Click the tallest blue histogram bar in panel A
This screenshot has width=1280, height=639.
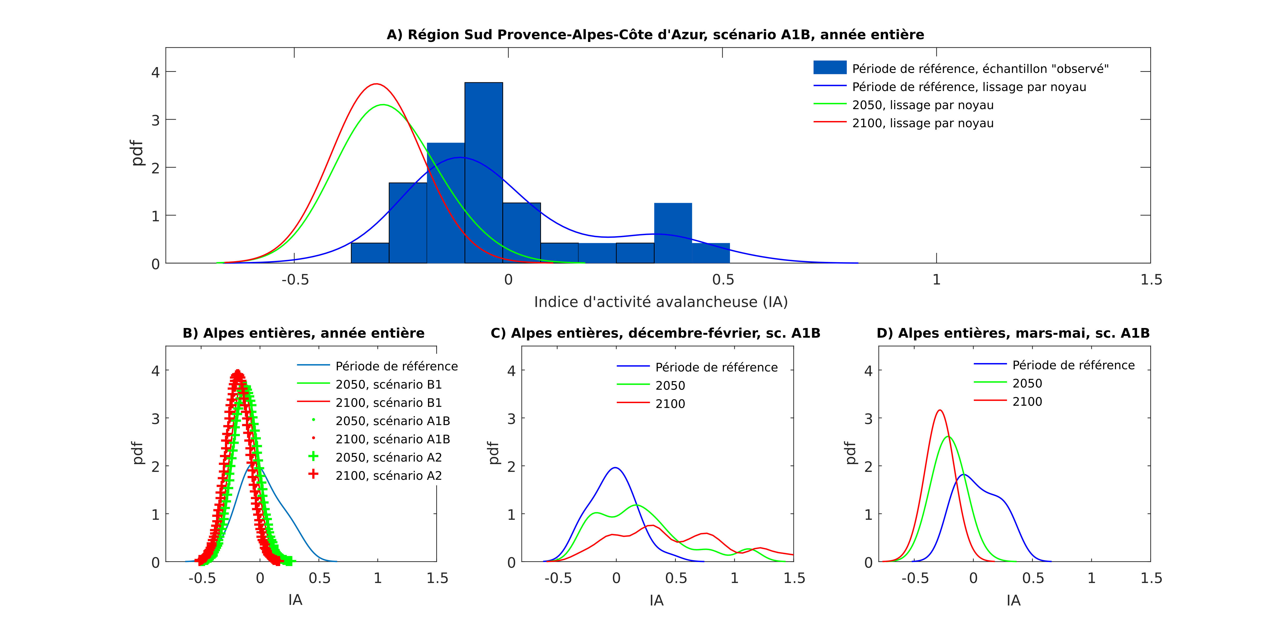point(483,172)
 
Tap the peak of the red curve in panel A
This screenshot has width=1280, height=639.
point(377,84)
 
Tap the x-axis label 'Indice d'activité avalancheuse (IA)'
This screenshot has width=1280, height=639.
point(661,302)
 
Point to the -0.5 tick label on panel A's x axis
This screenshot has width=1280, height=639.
point(295,280)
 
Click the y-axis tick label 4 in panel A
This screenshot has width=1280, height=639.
point(155,72)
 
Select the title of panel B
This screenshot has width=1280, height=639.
point(304,333)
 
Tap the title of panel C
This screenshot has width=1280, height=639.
point(655,333)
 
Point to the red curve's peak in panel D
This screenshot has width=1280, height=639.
point(940,410)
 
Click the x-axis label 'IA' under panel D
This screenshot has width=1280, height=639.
point(1014,601)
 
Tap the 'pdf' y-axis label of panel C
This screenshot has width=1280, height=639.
point(493,453)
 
